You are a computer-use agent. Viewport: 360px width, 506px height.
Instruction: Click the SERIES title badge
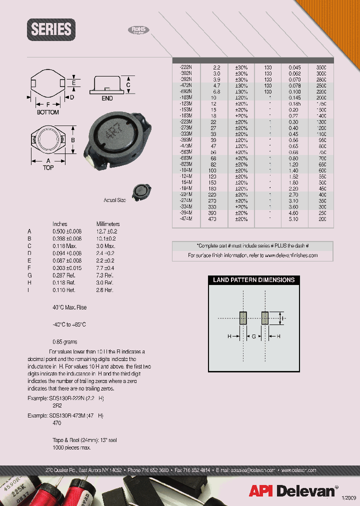[x=51, y=29]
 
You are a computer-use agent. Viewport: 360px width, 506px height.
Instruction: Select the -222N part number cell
[x=186, y=66]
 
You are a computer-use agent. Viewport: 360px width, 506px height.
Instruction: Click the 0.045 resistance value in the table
[x=295, y=66]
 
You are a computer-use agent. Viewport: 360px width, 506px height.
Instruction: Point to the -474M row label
[x=186, y=219]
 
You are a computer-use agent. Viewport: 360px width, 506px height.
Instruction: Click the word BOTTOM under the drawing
[x=48, y=112]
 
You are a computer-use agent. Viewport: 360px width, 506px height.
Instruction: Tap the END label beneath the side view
[x=107, y=98]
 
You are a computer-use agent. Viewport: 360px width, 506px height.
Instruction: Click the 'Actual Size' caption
[x=115, y=200]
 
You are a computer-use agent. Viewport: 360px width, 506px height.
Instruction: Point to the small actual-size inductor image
[x=141, y=192]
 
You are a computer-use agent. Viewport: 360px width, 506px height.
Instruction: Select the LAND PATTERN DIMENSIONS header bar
[x=253, y=280]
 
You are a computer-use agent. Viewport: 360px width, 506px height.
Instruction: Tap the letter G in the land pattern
[x=254, y=337]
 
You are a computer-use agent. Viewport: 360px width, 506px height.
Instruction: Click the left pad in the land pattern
[x=243, y=318]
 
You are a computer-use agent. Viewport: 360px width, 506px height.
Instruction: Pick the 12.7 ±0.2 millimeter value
[x=106, y=231]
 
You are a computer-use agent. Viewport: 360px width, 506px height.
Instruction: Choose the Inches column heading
[x=60, y=224]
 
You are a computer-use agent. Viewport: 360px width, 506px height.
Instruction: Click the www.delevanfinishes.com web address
[x=291, y=255]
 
